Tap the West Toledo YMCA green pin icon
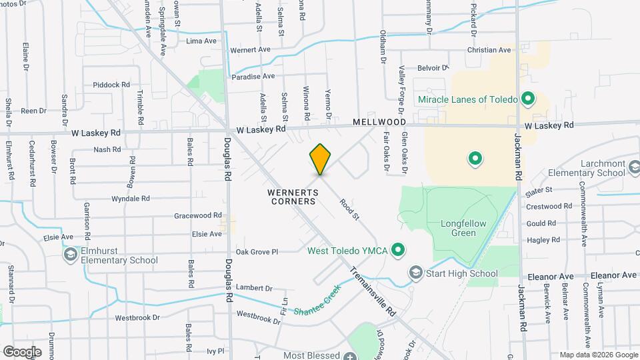click(398, 251)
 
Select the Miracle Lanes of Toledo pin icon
click(528, 100)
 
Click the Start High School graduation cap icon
click(416, 273)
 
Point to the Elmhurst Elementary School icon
click(70, 254)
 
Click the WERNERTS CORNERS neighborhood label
click(291, 196)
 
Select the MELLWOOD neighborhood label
click(379, 123)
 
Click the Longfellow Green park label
click(463, 228)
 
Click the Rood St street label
click(349, 207)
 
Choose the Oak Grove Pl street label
click(257, 251)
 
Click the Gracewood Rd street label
click(197, 215)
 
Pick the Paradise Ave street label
click(253, 77)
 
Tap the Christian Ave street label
click(489, 50)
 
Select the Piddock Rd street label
click(111, 85)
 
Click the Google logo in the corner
click(22, 351)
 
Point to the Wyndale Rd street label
click(130, 199)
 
